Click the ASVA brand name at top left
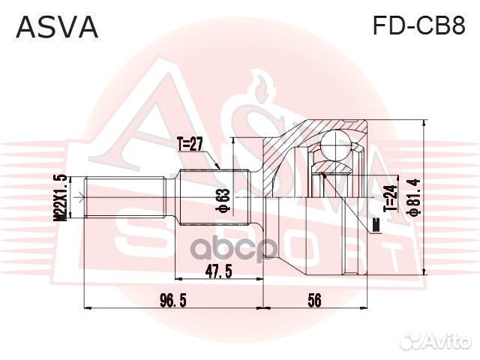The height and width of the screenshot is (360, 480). pos(57,27)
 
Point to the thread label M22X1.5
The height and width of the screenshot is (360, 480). pos(61,197)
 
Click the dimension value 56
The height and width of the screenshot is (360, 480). pos(314,300)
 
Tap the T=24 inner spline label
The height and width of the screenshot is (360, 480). pos(389,197)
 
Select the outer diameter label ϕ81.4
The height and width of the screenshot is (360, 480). pos(410,197)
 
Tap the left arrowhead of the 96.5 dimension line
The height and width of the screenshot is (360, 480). pos(85,307)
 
